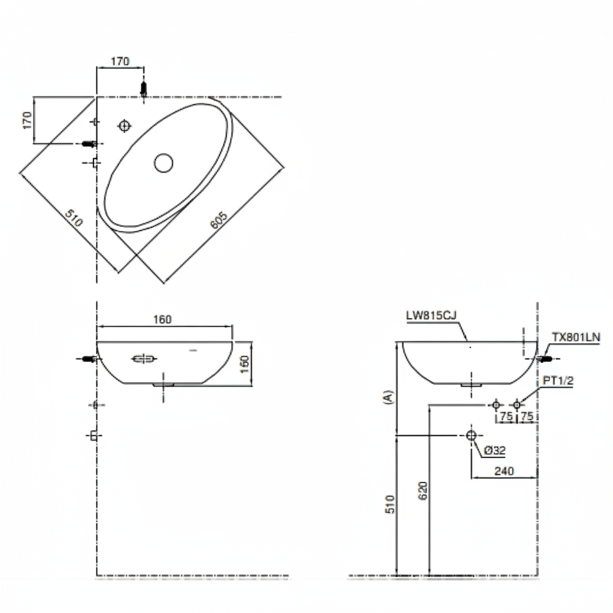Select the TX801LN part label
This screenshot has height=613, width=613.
tap(575, 338)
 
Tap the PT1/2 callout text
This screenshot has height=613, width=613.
tap(558, 381)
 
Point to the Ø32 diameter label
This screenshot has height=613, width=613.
tap(496, 451)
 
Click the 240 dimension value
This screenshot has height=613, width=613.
tap(504, 471)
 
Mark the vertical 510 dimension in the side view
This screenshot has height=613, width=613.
tap(389, 504)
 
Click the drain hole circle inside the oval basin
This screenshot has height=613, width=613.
tap(163, 162)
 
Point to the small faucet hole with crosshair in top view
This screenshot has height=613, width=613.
tap(125, 126)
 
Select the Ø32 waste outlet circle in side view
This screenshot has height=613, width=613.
tap(471, 435)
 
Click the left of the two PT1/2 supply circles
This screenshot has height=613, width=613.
tap(496, 405)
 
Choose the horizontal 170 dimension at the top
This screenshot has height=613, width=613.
tap(120, 61)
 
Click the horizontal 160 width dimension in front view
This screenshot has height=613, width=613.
tap(162, 320)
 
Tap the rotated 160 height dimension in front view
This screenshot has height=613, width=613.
tap(245, 363)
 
